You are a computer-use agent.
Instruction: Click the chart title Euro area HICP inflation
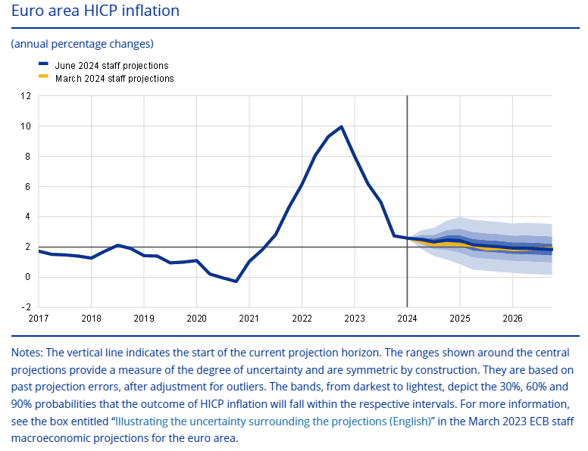point(95,11)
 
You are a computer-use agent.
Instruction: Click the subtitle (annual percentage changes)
point(82,43)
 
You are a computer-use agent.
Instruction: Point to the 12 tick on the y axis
point(27,96)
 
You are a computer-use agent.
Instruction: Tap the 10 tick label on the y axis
point(27,126)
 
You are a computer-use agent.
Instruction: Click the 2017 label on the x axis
point(38,318)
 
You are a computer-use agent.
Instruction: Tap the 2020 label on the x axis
point(196,318)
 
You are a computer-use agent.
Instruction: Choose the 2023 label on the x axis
point(355,318)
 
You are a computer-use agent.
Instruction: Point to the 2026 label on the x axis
point(513,318)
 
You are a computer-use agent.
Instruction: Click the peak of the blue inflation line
point(342,127)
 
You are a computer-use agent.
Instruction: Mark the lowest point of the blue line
point(236,281)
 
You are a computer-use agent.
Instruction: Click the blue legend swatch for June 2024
point(43,66)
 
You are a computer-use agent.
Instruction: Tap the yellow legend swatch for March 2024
point(43,76)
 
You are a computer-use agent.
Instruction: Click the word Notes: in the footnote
point(27,353)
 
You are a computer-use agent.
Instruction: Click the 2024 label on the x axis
point(408,318)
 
